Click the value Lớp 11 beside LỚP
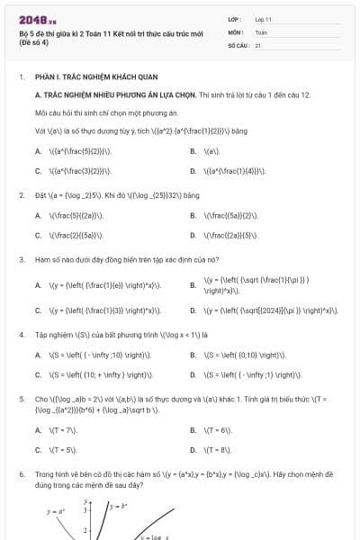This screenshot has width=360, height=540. click(263, 18)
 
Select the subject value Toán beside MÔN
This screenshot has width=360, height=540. click(261, 31)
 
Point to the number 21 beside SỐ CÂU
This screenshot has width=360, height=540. click(258, 43)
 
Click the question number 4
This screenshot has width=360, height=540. click(21, 335)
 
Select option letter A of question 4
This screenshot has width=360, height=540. click(38, 355)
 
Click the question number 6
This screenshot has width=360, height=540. click(21, 472)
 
